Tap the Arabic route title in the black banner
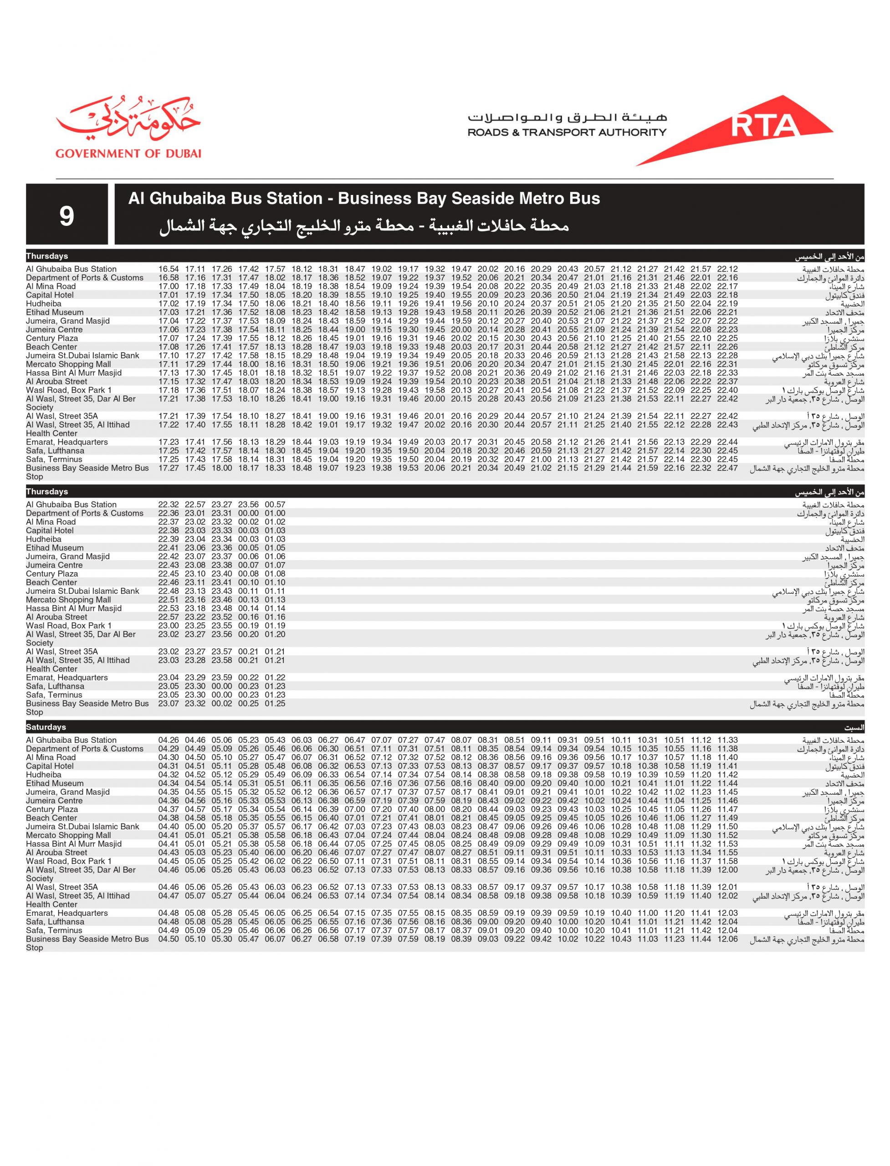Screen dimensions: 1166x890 [x=364, y=226]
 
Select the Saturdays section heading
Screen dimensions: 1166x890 [x=46, y=727]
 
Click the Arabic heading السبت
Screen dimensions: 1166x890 [x=854, y=728]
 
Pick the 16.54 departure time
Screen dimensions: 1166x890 [x=169, y=269]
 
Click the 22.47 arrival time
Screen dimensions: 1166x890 [x=727, y=468]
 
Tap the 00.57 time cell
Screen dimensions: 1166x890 [x=275, y=505]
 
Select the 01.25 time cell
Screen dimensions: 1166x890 [x=275, y=704]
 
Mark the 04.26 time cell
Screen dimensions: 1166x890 [x=169, y=740]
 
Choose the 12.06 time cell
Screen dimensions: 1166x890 [x=727, y=939]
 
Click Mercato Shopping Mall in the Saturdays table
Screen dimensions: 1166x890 [x=68, y=835]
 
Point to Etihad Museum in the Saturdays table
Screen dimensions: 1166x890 [x=55, y=783]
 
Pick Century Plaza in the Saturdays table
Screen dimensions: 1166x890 [x=52, y=809]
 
